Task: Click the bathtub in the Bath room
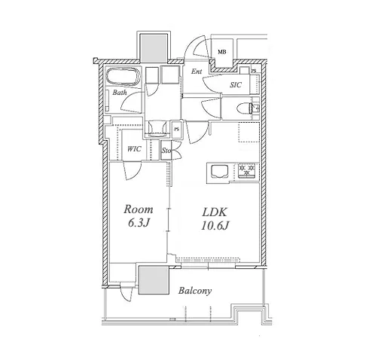(123, 77)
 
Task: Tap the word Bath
(120, 93)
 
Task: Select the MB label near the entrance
(222, 52)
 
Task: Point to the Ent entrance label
(197, 72)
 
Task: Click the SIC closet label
(236, 85)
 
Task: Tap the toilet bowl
(243, 108)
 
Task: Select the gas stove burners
(246, 170)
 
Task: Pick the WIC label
(134, 149)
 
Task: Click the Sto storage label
(166, 151)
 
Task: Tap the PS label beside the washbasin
(177, 130)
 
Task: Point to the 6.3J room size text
(139, 222)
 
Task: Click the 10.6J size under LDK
(215, 225)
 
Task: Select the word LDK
(215, 212)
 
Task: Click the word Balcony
(195, 291)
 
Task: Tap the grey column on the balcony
(154, 280)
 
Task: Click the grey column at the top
(154, 47)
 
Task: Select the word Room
(139, 209)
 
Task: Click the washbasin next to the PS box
(157, 127)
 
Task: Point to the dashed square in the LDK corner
(248, 133)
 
